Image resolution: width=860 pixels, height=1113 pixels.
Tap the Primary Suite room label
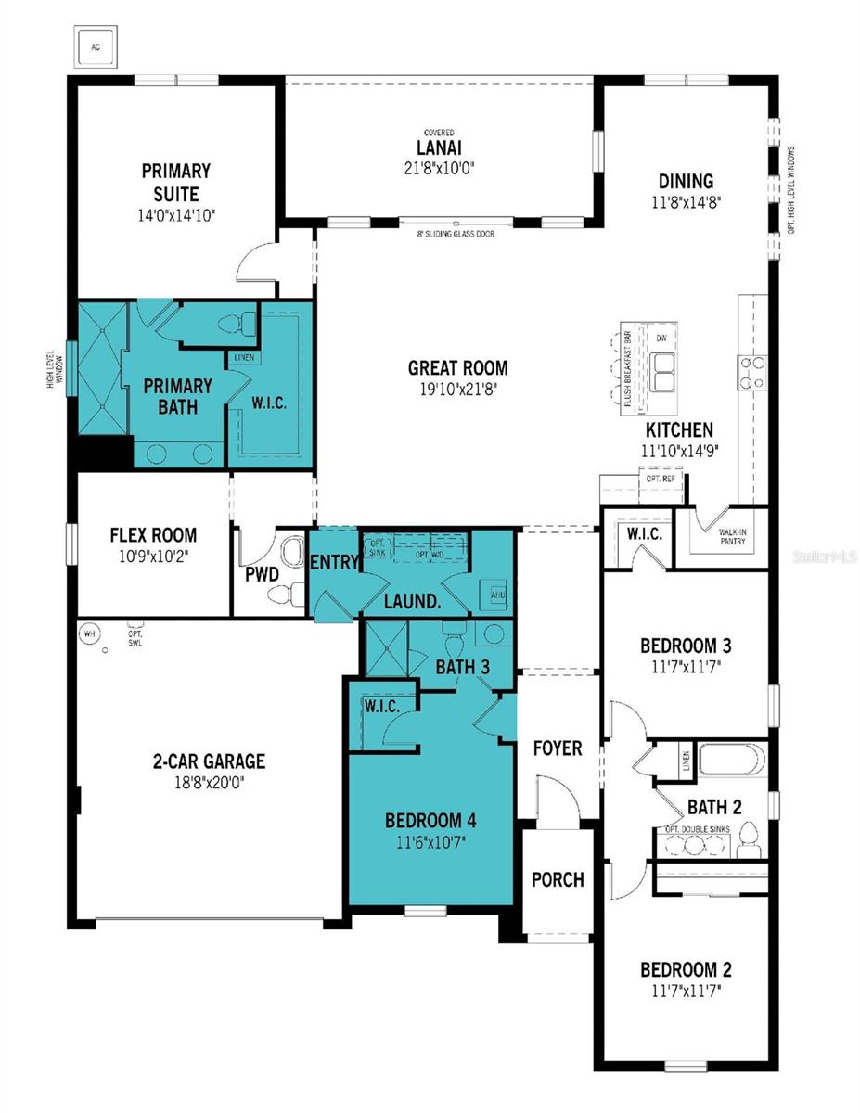[x=175, y=182]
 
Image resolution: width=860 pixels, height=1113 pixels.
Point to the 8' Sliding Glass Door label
[x=456, y=234]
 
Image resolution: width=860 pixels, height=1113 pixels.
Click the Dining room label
[x=686, y=181]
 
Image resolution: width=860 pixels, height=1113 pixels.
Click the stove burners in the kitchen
[x=751, y=373]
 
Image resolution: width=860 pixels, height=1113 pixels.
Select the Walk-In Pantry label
[x=733, y=537]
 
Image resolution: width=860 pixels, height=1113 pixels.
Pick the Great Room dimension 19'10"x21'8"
[x=457, y=390]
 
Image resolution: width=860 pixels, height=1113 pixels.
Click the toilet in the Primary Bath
[x=238, y=324]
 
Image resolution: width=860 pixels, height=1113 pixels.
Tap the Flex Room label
[x=153, y=535]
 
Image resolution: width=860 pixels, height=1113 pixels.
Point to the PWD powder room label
[x=262, y=574]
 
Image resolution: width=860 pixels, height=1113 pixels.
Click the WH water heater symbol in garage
[x=90, y=633]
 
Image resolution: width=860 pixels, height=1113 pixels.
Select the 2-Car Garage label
[x=209, y=761]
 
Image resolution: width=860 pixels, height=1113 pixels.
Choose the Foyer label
[x=557, y=748]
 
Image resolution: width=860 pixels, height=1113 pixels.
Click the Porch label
[x=558, y=879]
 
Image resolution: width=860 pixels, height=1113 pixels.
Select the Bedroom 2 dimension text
[x=686, y=991]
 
